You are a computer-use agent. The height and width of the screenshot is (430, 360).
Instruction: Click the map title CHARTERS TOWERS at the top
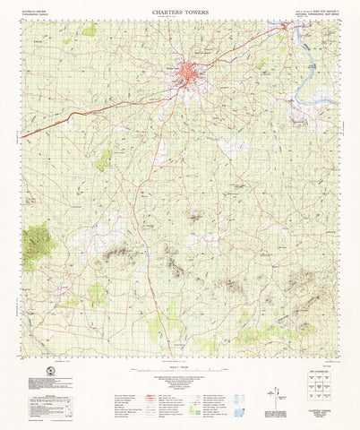(180, 13)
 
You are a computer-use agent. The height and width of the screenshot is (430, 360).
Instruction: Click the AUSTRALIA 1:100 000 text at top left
(37, 14)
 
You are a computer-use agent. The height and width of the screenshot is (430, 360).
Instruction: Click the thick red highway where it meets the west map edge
(24, 135)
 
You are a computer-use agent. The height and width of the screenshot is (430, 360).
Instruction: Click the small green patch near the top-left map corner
(90, 30)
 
